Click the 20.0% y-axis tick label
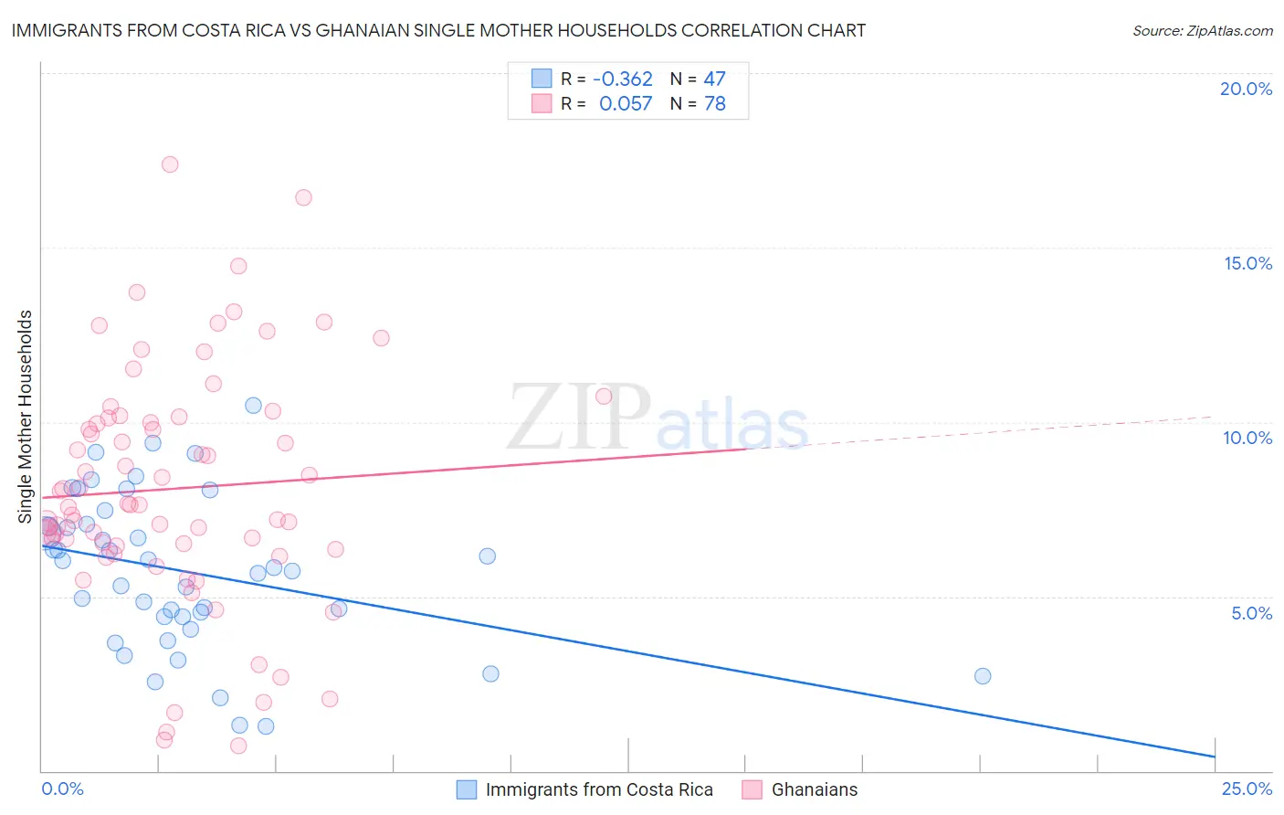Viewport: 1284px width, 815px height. click(1246, 89)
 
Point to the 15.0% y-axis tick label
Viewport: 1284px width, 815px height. click(1247, 263)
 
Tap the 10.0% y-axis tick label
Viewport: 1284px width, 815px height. click(1247, 438)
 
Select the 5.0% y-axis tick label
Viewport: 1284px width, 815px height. click(1251, 613)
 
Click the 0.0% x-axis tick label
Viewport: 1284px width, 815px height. click(62, 789)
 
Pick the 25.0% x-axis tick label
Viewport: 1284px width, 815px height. click(1247, 789)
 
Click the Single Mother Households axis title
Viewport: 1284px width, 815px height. click(25, 417)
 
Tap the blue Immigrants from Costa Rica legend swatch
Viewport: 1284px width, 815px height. click(467, 789)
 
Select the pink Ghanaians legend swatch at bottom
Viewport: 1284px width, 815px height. click(753, 789)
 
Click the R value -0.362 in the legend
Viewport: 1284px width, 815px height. click(623, 79)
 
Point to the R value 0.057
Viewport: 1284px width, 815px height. click(626, 104)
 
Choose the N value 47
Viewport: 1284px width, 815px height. click(714, 79)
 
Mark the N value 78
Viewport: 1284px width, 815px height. click(714, 104)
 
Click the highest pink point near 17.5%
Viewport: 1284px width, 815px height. click(170, 164)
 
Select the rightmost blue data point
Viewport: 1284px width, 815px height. click(983, 676)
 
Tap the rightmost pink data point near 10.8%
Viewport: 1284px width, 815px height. click(604, 397)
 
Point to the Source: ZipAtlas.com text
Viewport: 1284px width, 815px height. click(1202, 30)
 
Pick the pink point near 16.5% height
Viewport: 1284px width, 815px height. click(303, 197)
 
